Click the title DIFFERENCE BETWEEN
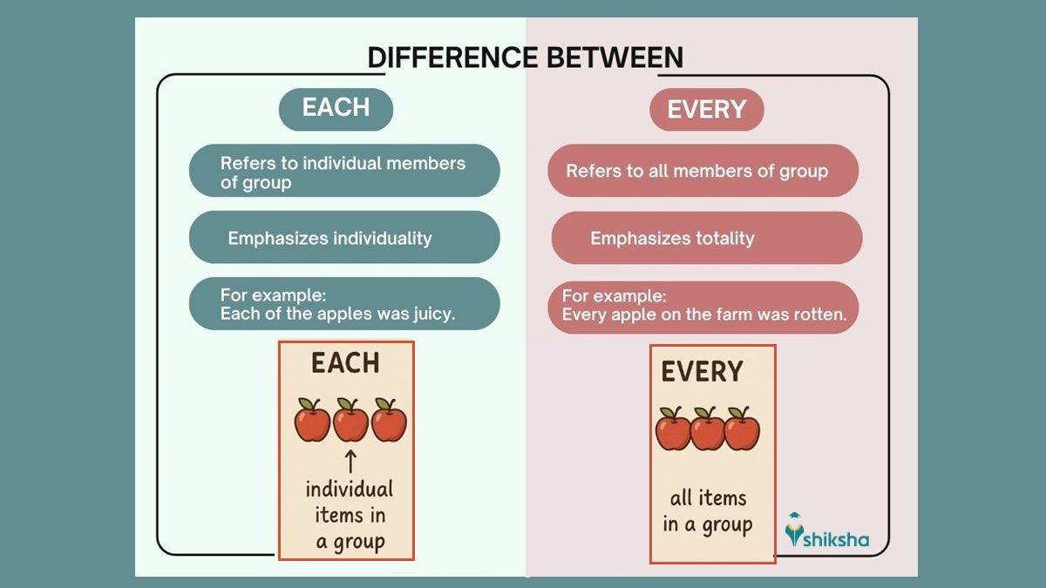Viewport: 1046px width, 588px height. pyautogui.click(x=525, y=57)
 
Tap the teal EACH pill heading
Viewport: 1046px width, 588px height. pyautogui.click(x=336, y=109)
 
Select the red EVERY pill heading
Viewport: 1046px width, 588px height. pyautogui.click(x=706, y=110)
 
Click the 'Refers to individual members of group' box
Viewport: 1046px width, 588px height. pyautogui.click(x=344, y=171)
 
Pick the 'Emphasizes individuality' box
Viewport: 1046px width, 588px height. pyautogui.click(x=344, y=238)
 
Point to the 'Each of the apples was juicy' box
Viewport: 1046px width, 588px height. pyautogui.click(x=344, y=304)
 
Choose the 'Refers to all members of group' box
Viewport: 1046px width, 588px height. pyautogui.click(x=703, y=171)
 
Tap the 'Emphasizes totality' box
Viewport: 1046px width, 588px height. pyautogui.click(x=706, y=238)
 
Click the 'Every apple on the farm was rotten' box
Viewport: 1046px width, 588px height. pyautogui.click(x=703, y=307)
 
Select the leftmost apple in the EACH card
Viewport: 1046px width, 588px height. pyautogui.click(x=312, y=421)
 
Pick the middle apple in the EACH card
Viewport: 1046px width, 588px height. pyautogui.click(x=350, y=421)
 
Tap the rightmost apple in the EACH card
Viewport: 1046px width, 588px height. pyautogui.click(x=389, y=421)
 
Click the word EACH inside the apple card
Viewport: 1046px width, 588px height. pyautogui.click(x=345, y=363)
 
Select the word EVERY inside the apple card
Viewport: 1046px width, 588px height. pyautogui.click(x=702, y=372)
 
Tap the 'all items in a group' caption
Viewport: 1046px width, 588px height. pyautogui.click(x=707, y=511)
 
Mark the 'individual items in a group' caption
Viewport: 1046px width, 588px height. pyautogui.click(x=350, y=515)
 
